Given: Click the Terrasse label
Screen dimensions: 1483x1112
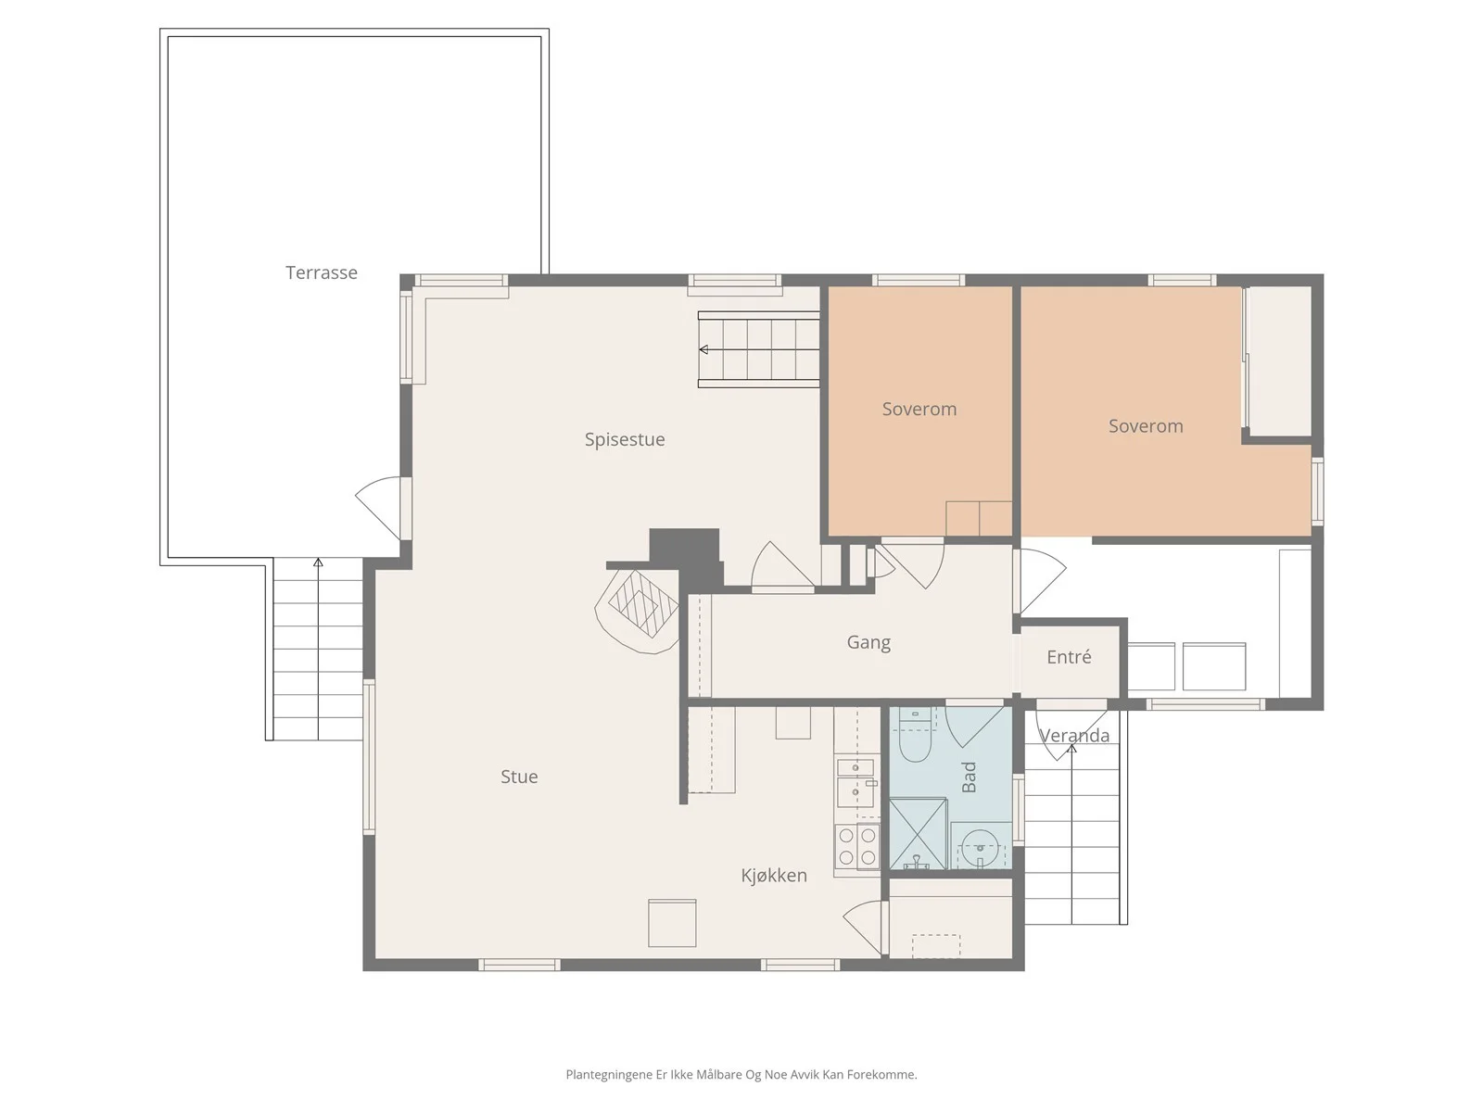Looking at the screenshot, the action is [x=321, y=272].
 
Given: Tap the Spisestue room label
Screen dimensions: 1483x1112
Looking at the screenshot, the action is [x=625, y=439].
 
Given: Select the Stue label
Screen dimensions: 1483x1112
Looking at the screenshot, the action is [x=519, y=777].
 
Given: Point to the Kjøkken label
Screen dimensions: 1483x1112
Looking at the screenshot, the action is [x=774, y=875].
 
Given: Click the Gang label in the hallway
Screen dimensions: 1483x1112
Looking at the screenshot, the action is [x=868, y=642].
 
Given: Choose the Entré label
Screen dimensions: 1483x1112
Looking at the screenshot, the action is [x=1069, y=656].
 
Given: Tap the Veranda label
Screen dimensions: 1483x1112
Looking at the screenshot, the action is [x=1073, y=735].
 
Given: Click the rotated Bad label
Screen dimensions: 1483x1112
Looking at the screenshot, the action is [x=969, y=777].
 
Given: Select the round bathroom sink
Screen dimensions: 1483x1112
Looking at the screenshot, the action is [x=980, y=849].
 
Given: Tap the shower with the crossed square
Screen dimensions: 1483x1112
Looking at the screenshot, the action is [x=918, y=834].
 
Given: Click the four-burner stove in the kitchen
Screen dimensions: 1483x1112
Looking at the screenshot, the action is [x=856, y=847].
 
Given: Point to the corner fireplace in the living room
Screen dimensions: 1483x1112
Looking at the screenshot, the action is [x=637, y=611].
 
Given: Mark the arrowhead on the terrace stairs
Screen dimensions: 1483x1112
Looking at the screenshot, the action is [x=318, y=562].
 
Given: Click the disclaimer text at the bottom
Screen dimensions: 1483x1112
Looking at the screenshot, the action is [x=741, y=1074].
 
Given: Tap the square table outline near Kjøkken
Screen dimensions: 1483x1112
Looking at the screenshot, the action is [x=672, y=923].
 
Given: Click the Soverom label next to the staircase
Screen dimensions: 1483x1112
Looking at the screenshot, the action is [x=919, y=410].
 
